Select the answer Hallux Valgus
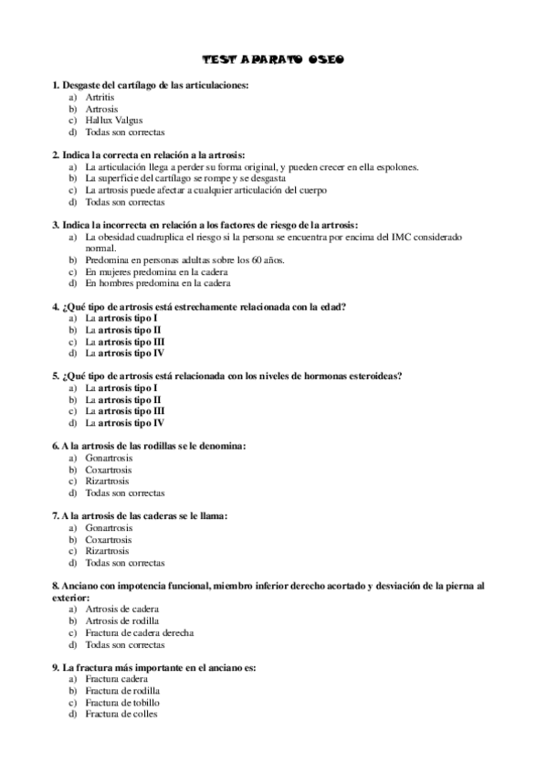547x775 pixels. coord(114,120)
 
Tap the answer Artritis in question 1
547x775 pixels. coord(100,96)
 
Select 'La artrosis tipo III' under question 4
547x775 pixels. coord(124,341)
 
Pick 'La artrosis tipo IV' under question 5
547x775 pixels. coord(124,423)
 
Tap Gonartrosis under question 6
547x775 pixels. coord(109,458)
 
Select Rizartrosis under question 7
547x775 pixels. coord(107,551)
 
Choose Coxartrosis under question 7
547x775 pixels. coord(108,539)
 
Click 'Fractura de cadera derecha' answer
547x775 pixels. coord(139,632)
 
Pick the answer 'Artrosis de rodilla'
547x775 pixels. coord(124,621)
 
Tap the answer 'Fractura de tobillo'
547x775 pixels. coord(122,703)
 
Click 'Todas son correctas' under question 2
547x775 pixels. coord(125,202)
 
